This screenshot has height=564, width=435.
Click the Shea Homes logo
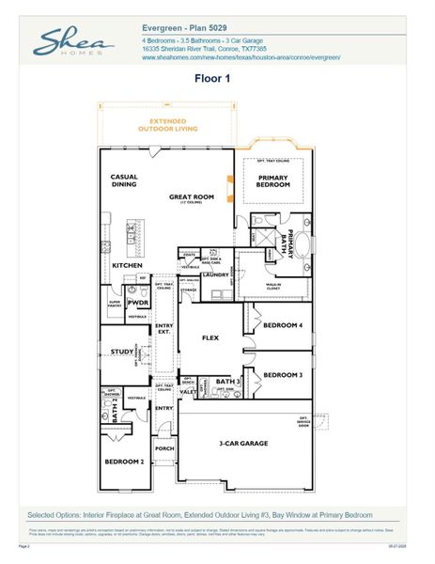[x=74, y=43]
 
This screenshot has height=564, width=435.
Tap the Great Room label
[x=192, y=197]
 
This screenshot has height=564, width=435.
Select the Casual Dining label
[x=125, y=180]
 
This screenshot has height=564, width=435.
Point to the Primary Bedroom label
[x=273, y=180]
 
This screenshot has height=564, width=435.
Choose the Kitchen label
[x=128, y=266]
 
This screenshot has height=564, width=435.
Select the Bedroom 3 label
[x=282, y=375]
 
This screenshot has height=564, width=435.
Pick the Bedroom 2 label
[x=123, y=462]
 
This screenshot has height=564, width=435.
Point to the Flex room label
[x=210, y=336]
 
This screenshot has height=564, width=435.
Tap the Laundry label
[x=215, y=274]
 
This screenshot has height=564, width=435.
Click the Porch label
[x=164, y=448]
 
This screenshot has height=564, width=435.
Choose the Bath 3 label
[x=228, y=382]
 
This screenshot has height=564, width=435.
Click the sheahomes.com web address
[x=241, y=58]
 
